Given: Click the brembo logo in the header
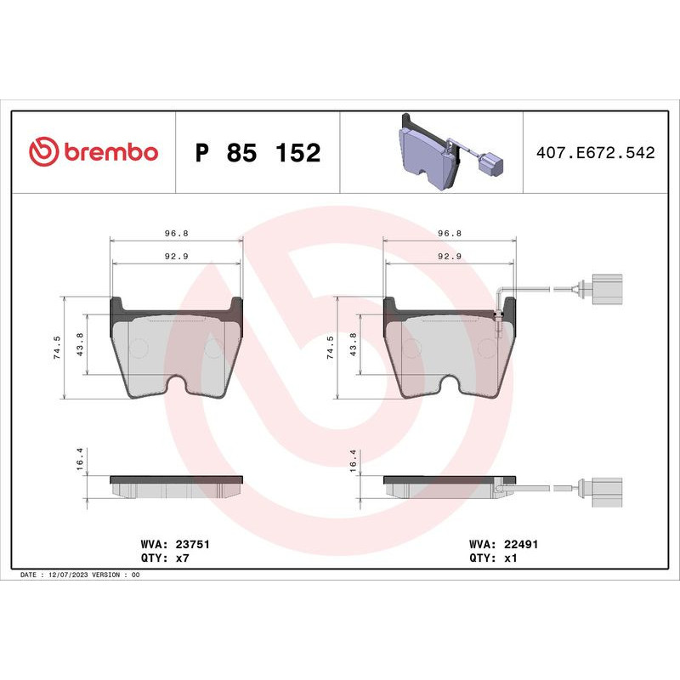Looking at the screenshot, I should (x=93, y=152).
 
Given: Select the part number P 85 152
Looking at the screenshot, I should (x=258, y=153).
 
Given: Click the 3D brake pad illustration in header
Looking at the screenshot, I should (x=425, y=153).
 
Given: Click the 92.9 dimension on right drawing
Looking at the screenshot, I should (x=449, y=256).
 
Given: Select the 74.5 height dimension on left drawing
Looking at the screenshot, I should (x=57, y=348).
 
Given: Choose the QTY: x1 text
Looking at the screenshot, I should (x=493, y=558).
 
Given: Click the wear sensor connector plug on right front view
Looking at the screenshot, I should (x=604, y=288).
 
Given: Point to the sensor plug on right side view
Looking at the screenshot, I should (x=604, y=488).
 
